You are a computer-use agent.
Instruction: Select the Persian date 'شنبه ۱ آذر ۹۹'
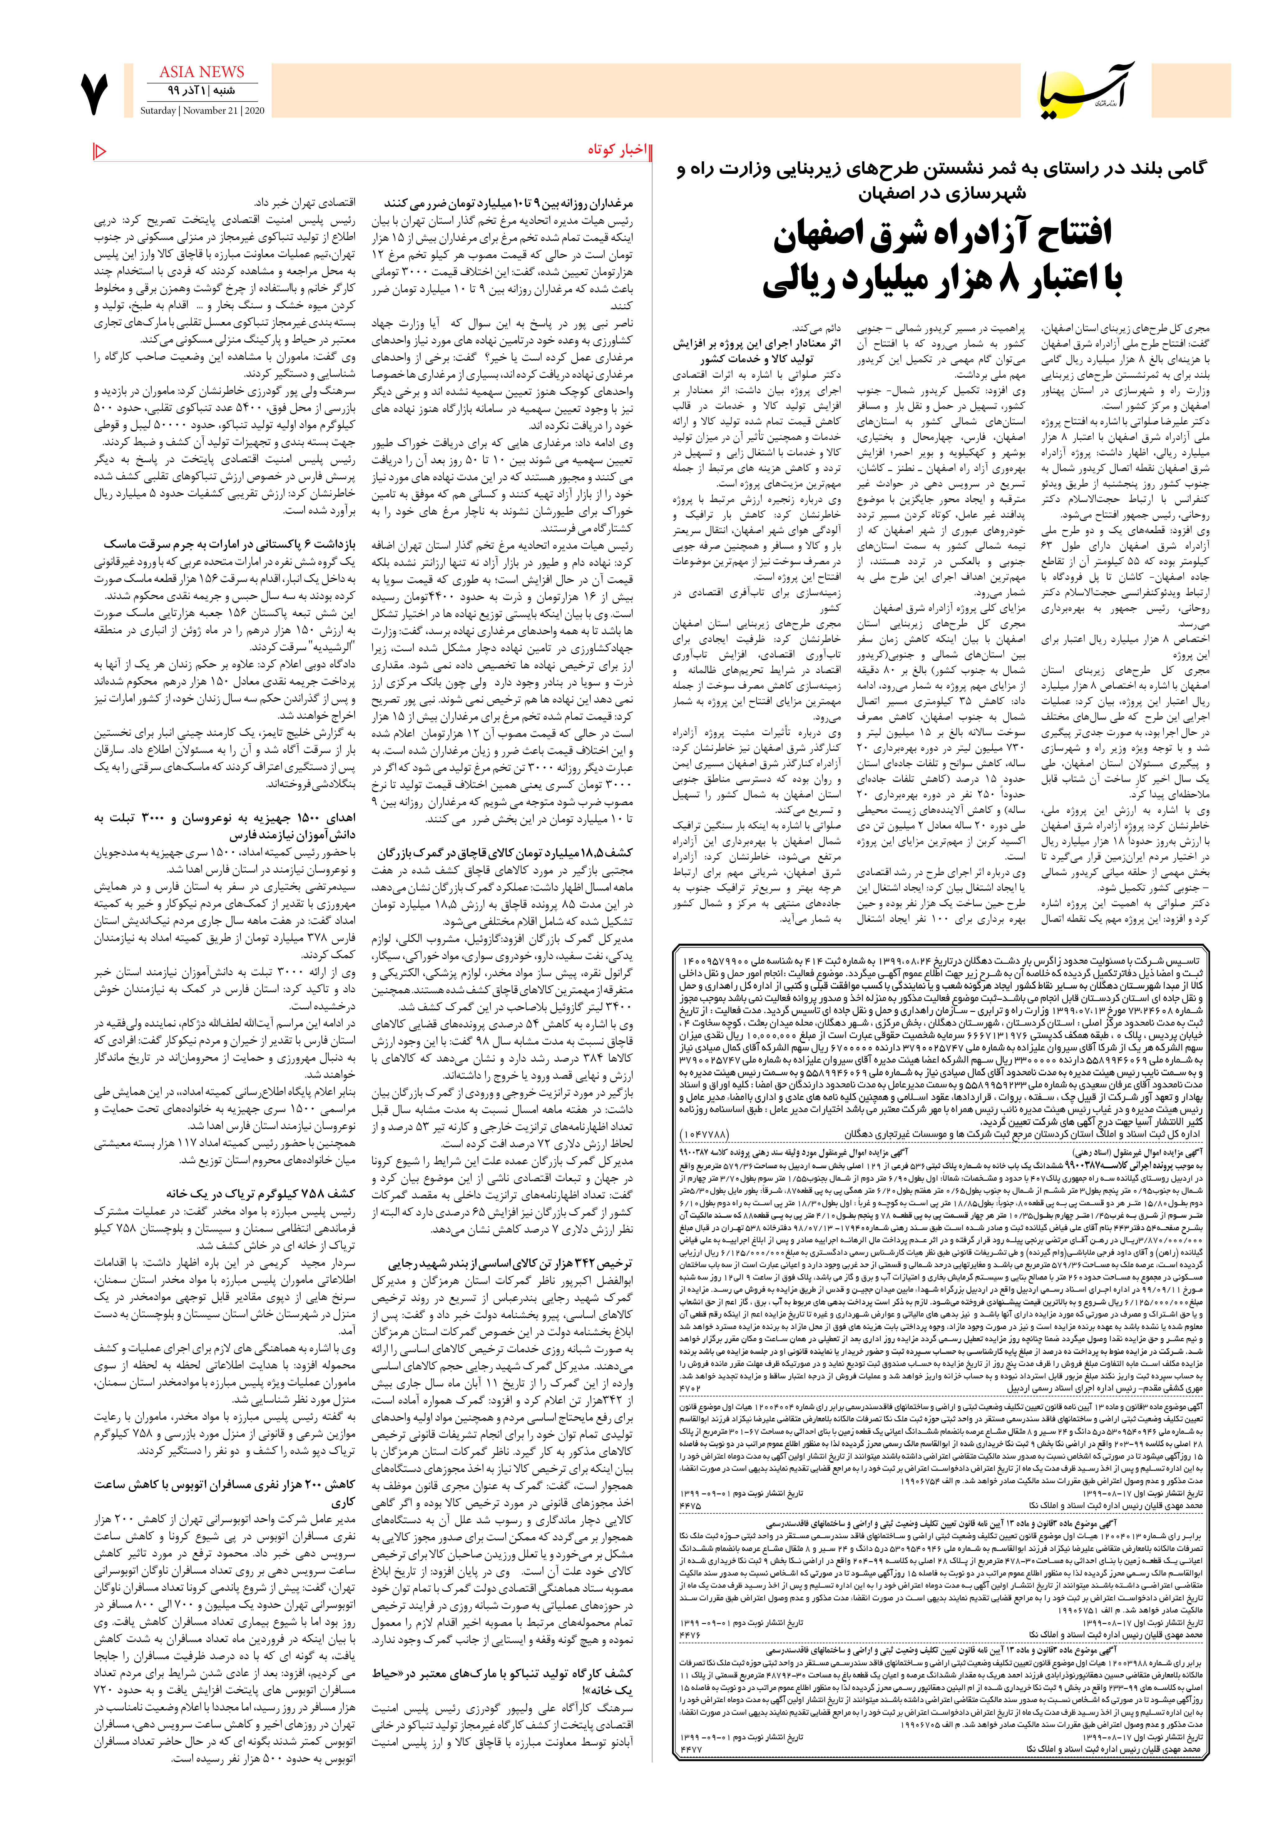202,90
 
